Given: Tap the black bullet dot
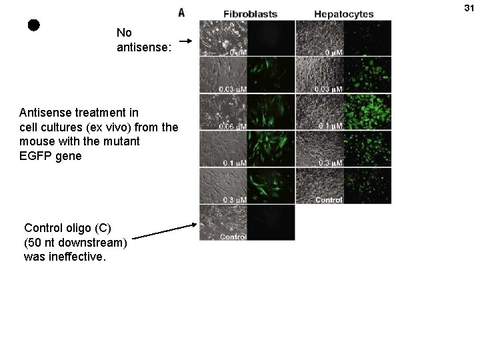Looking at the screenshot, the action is coord(34,25).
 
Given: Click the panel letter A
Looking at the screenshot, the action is coord(181,13).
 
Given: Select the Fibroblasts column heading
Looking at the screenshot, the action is coord(250,14).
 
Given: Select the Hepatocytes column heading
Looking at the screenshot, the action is coord(343,14).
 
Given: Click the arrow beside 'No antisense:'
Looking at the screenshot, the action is coord(187,41).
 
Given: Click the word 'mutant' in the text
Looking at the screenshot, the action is coord(121,141).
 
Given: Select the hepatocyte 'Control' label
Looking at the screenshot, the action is coord(328,199).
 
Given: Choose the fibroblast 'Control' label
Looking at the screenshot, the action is coord(233,237).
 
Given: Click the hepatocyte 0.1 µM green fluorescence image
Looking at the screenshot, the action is coord(367,111).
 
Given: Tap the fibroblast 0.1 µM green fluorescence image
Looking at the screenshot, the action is coord(271,148).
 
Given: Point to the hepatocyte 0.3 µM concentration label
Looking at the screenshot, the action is coord(329,163).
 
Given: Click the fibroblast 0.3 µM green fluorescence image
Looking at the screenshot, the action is coord(271,185).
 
